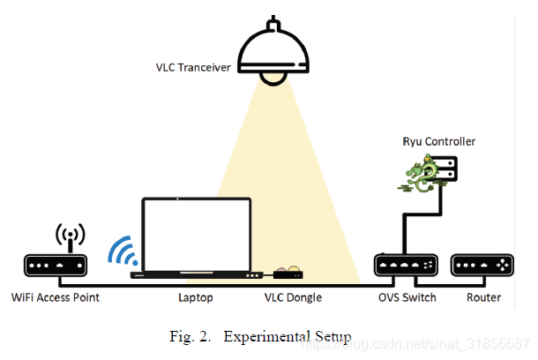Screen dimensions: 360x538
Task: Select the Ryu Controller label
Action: point(439,141)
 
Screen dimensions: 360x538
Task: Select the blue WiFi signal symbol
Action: point(122,252)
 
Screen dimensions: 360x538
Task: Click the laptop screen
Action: point(197,234)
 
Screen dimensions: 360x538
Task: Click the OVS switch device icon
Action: point(405,265)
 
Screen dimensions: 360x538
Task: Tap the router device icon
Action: point(483,265)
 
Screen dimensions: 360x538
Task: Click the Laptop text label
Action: point(195,297)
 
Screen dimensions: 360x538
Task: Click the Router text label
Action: point(483,297)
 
